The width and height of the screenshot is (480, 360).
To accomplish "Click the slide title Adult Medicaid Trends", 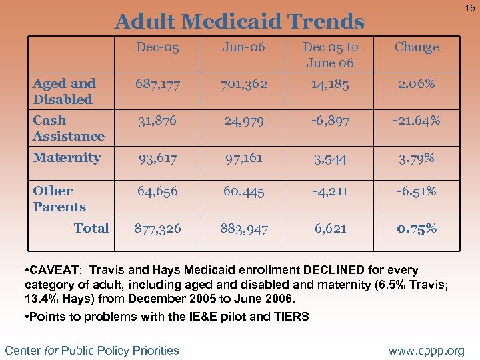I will tap(239, 22).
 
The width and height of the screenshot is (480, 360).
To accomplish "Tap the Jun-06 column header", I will tap(243, 47).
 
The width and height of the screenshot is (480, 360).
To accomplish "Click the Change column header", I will tap(417, 47).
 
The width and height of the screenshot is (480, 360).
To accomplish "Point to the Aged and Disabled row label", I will tap(64, 91).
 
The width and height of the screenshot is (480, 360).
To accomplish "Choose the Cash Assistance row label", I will tap(69, 128).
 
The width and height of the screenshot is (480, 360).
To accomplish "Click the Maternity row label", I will tap(67, 158).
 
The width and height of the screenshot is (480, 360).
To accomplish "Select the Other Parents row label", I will tap(59, 199).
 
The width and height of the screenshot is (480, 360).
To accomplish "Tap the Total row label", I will tap(91, 228).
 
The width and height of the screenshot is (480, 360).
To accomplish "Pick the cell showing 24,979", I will tap(243, 121).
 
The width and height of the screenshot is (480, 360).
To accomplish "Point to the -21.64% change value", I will tap(417, 121).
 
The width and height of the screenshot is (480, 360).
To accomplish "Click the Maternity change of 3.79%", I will tap(417, 159).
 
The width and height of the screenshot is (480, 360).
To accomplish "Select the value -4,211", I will tap(330, 192).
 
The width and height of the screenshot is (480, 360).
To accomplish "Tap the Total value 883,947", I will tap(243, 229).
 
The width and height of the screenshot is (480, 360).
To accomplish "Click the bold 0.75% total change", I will tap(417, 229).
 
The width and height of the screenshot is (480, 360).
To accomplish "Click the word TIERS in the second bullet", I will tap(291, 317).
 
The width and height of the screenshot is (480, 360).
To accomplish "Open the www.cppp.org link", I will tap(427, 351).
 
